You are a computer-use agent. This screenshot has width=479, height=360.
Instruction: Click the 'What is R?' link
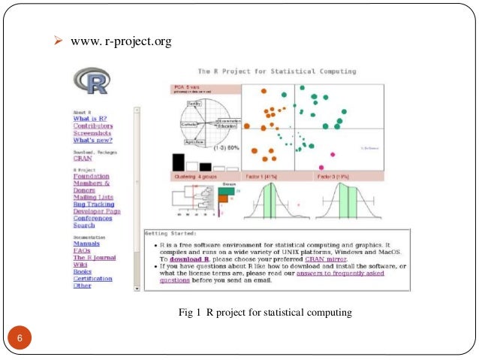90,119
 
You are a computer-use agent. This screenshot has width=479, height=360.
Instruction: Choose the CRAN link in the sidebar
82,159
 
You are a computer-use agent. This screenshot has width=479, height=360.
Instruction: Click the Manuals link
86,244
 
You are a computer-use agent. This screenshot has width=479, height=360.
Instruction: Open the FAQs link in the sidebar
81,250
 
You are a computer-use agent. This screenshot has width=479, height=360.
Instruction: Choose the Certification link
92,278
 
